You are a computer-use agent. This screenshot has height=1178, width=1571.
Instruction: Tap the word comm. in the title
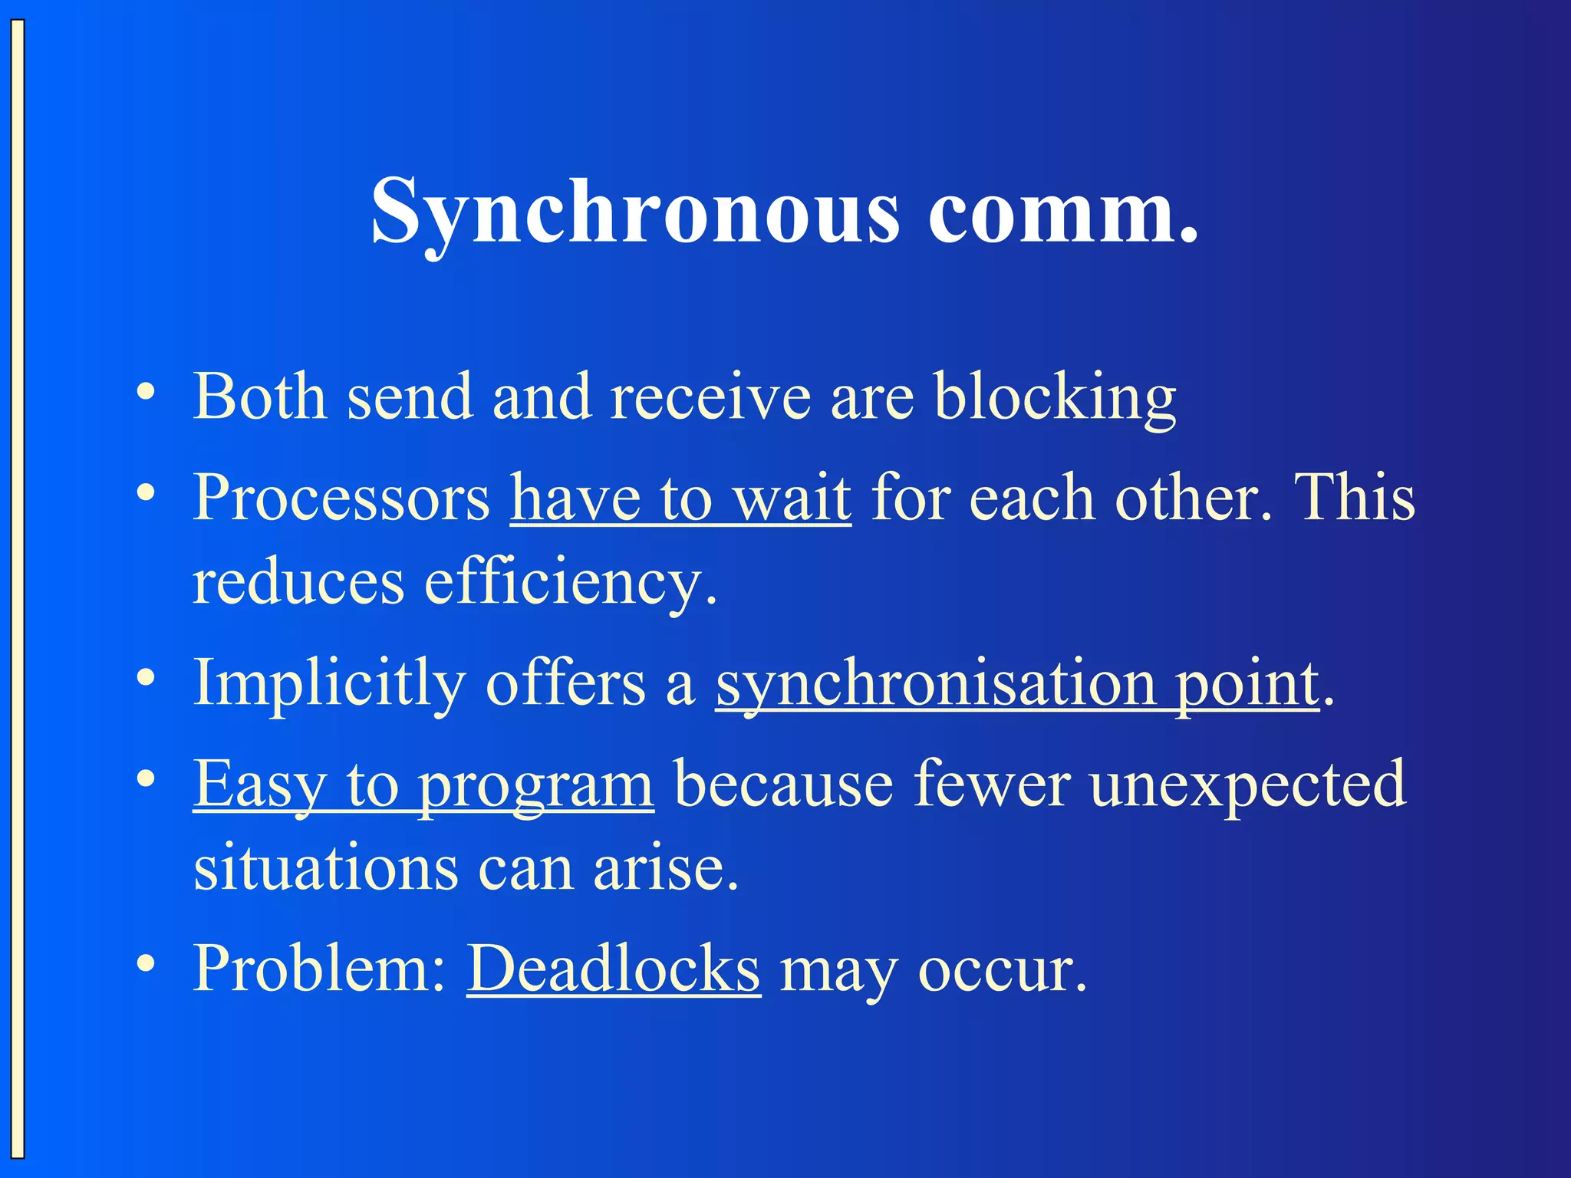click(1062, 211)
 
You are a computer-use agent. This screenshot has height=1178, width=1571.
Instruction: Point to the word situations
click(325, 869)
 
